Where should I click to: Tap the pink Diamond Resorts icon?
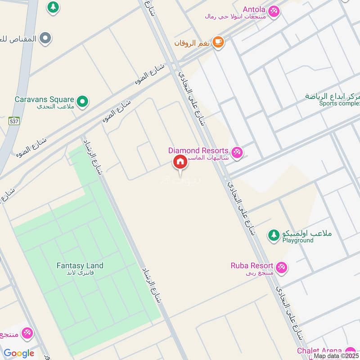click(237, 153)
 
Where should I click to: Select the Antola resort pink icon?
click(274, 11)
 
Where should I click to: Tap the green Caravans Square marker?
click(82, 102)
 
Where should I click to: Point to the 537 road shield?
click(13, 121)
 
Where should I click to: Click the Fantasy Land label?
click(80, 266)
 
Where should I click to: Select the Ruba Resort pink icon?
click(282, 267)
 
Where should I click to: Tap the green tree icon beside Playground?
click(273, 235)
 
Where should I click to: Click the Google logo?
click(19, 353)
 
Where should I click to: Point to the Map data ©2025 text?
click(336, 356)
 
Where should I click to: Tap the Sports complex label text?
click(340, 103)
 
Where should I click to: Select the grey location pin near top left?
click(45, 39)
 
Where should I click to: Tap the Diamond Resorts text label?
click(198, 150)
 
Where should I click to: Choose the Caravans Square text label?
click(44, 99)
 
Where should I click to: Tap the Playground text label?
click(298, 241)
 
